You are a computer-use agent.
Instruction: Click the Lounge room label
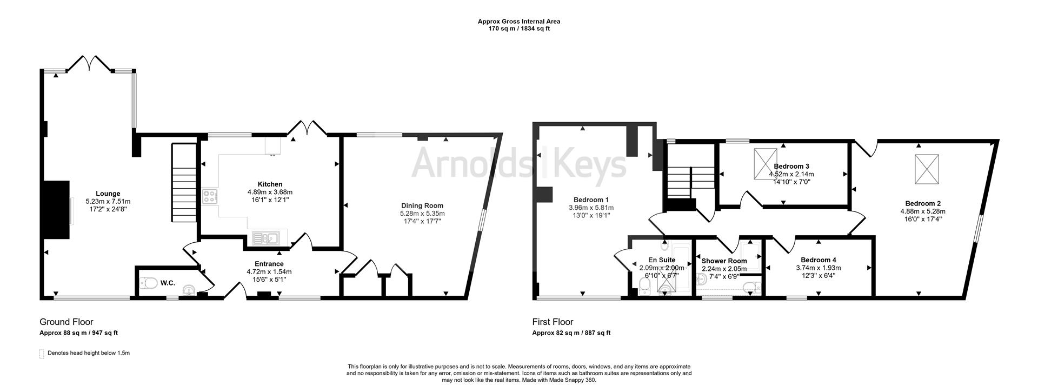(108, 194)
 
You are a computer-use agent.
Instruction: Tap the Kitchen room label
(270, 184)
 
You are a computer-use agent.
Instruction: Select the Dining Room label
(422, 205)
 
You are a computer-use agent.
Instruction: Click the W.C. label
(168, 283)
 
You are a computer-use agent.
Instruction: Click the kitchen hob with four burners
(209, 196)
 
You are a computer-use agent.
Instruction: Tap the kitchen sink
(264, 237)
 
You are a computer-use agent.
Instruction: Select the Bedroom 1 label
(591, 200)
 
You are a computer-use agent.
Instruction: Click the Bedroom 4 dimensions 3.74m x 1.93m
(819, 268)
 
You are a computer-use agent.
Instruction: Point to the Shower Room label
(724, 261)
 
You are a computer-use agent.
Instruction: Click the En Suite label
(662, 260)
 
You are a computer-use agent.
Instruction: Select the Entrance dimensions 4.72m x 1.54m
(269, 272)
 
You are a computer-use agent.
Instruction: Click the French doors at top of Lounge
(90, 63)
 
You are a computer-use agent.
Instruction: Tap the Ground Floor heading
(66, 322)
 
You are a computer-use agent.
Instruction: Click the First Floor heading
(553, 322)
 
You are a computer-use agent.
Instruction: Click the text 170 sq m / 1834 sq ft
(518, 29)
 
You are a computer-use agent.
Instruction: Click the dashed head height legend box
(42, 354)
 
